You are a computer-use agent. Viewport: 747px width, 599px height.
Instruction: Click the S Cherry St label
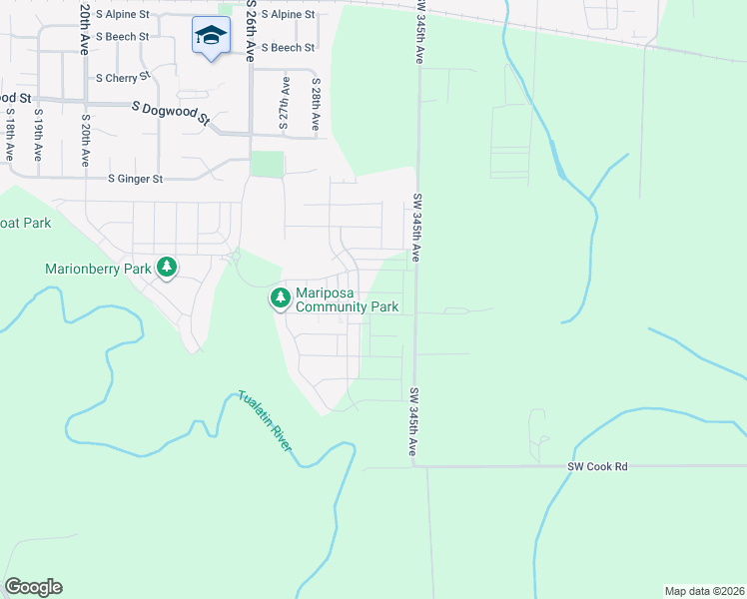123,76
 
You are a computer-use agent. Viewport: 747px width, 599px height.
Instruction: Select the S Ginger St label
135,180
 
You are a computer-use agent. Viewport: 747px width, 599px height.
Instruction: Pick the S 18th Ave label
9,136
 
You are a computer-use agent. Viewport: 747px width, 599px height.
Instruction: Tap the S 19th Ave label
39,136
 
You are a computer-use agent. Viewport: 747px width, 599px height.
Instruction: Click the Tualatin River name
266,421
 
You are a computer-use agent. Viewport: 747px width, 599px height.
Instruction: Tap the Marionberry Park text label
98,269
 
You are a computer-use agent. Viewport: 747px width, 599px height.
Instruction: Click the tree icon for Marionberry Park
168,268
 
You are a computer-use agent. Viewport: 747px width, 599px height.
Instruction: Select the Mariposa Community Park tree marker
281,298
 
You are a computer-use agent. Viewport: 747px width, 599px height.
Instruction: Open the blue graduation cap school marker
211,37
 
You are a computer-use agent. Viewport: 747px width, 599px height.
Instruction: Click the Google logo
33,587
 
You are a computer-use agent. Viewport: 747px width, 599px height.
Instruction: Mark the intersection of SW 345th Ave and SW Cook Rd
413,465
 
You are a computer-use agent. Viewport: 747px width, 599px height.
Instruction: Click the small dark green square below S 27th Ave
267,164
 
